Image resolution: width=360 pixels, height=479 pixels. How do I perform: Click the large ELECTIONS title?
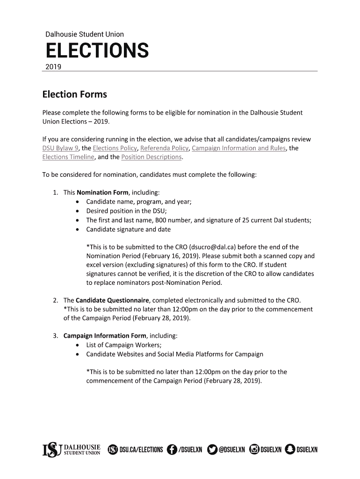pyautogui.click(x=97, y=51)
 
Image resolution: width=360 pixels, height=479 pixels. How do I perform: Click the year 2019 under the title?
pyautogui.click(x=53, y=67)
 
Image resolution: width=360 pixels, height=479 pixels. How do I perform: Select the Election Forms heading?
pyautogui.click(x=75, y=94)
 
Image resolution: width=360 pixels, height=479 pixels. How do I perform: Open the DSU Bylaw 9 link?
pyautogui.click(x=60, y=148)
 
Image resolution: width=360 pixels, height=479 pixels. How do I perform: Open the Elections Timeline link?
pyautogui.click(x=68, y=157)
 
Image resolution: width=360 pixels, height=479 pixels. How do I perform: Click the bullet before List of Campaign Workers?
pyautogui.click(x=77, y=345)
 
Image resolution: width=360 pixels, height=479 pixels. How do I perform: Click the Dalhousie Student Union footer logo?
pyautogui.click(x=71, y=450)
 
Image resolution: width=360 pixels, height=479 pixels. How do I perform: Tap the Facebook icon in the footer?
pyautogui.click(x=172, y=450)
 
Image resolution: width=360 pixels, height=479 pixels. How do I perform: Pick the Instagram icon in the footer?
pyautogui.click(x=254, y=450)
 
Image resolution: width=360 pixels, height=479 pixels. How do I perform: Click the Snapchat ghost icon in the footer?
pyautogui.click(x=290, y=450)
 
